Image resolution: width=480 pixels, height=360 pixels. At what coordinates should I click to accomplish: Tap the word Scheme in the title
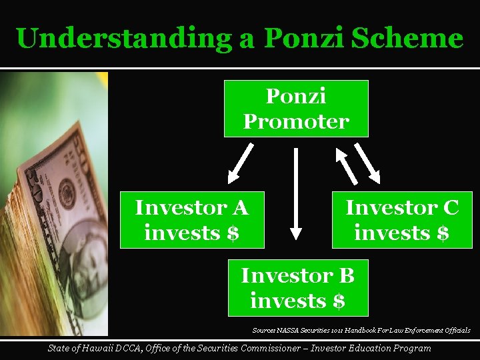(x=413, y=38)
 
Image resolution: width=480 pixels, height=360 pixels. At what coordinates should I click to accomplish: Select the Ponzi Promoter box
(x=296, y=109)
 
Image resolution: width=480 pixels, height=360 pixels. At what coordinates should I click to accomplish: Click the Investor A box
(x=192, y=220)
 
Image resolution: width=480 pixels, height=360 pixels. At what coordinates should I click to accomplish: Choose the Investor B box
(x=297, y=288)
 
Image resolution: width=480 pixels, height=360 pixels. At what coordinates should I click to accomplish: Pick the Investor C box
(x=402, y=220)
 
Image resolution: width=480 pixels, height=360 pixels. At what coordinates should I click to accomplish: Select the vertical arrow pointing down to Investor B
(x=296, y=193)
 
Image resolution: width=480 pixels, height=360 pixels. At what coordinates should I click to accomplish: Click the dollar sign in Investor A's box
(x=232, y=233)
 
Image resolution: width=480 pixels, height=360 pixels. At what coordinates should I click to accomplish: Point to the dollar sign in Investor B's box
(x=338, y=301)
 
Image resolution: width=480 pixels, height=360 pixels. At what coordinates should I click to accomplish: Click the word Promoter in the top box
(x=296, y=122)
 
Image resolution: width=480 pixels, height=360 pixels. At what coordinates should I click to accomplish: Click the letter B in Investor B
(x=345, y=275)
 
